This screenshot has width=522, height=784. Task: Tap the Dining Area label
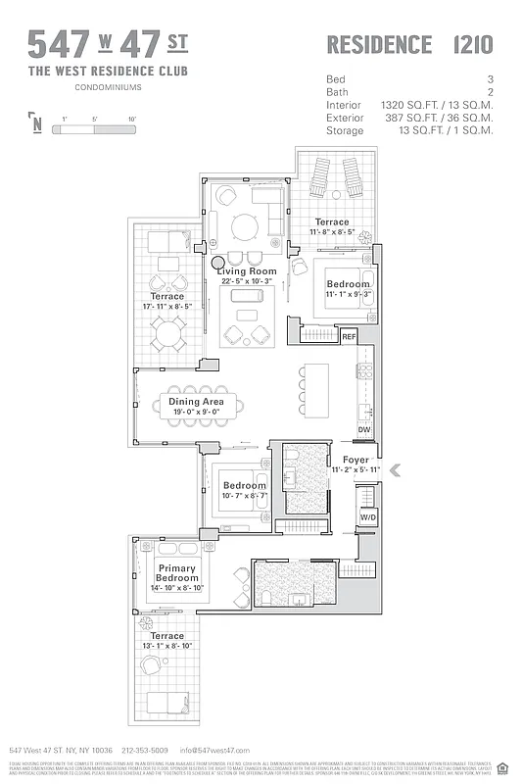(x=196, y=402)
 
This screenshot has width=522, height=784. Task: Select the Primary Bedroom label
(x=176, y=573)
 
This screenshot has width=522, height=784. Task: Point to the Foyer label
(x=356, y=460)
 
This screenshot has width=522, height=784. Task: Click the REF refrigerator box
(x=349, y=336)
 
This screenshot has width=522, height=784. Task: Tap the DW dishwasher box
(x=363, y=429)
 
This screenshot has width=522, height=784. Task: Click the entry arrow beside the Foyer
(x=395, y=470)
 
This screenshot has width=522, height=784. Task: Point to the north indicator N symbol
(x=36, y=123)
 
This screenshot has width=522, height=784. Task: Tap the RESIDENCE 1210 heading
(x=408, y=44)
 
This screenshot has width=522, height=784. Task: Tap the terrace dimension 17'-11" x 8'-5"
(x=166, y=306)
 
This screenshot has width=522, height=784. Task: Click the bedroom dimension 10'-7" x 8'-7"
(x=244, y=496)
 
